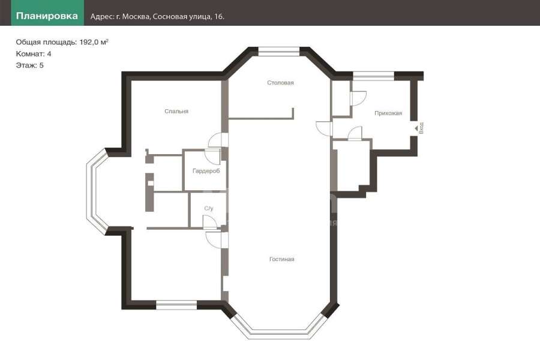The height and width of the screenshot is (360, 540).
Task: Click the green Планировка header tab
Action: [47, 13]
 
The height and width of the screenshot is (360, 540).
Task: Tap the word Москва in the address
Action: [136, 17]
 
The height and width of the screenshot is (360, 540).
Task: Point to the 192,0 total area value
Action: [89, 42]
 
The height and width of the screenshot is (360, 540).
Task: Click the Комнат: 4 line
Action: [34, 54]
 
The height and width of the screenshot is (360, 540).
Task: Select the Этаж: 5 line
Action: [29, 65]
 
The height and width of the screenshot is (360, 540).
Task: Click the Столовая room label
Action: [280, 83]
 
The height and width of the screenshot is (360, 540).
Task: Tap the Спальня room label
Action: [176, 111]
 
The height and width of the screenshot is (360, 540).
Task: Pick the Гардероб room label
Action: [206, 171]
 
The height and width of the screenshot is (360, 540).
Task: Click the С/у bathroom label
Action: [209, 208]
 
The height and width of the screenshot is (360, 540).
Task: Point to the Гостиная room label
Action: [282, 259]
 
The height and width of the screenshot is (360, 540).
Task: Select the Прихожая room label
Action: [388, 113]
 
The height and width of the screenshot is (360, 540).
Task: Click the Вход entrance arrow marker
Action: [416, 128]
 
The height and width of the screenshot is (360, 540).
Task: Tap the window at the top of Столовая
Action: [279, 52]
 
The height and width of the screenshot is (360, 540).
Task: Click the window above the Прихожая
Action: [373, 76]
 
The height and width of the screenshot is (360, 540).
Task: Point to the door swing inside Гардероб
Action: [212, 157]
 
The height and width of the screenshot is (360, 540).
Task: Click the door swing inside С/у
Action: [210, 222]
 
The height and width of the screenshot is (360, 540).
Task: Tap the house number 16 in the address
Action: [219, 17]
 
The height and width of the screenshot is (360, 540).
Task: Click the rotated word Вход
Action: [421, 128]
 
